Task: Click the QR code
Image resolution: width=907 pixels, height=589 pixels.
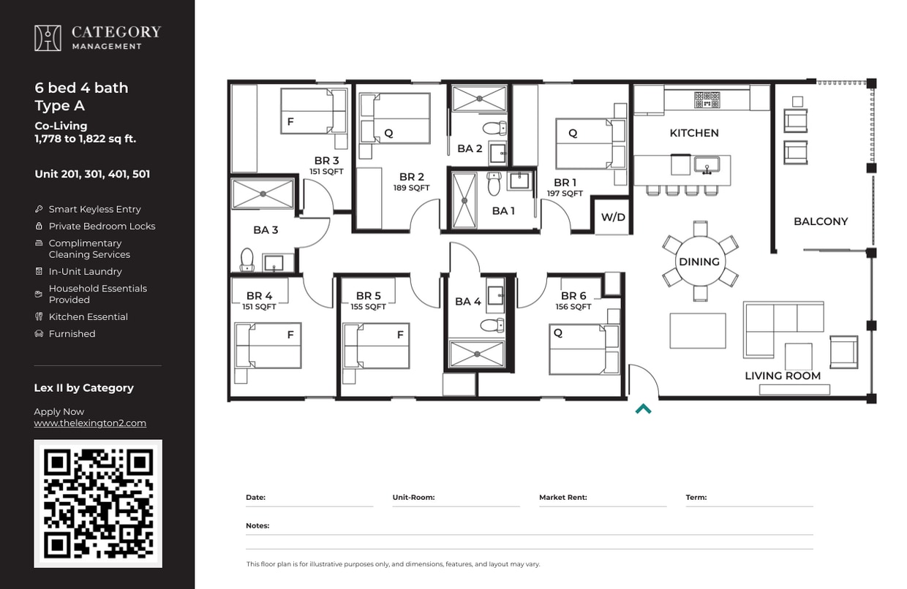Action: (97, 503)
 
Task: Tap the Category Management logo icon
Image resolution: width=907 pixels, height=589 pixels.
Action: (48, 38)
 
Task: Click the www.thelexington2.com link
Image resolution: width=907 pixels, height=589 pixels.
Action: (90, 423)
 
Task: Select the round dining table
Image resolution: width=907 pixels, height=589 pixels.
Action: (699, 262)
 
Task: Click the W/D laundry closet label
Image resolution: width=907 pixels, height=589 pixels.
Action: (613, 217)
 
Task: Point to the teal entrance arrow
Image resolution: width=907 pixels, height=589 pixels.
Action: (643, 409)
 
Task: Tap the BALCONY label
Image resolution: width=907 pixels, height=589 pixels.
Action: (821, 221)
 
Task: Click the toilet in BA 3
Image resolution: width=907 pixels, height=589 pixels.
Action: (246, 259)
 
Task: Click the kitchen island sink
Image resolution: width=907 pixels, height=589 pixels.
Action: (707, 165)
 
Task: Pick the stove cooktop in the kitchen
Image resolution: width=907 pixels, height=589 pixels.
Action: (707, 99)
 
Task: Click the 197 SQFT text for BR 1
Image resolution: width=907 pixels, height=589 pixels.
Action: (565, 194)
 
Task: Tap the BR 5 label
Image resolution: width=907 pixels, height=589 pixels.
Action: (368, 296)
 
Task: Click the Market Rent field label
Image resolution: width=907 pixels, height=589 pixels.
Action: (562, 498)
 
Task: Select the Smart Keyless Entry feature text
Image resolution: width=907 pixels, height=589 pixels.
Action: (94, 209)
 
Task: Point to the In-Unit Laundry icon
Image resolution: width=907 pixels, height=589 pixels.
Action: (39, 272)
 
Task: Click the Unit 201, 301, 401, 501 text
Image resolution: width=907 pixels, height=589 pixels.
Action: (92, 175)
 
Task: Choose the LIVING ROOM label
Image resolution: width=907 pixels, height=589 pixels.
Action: (782, 376)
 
